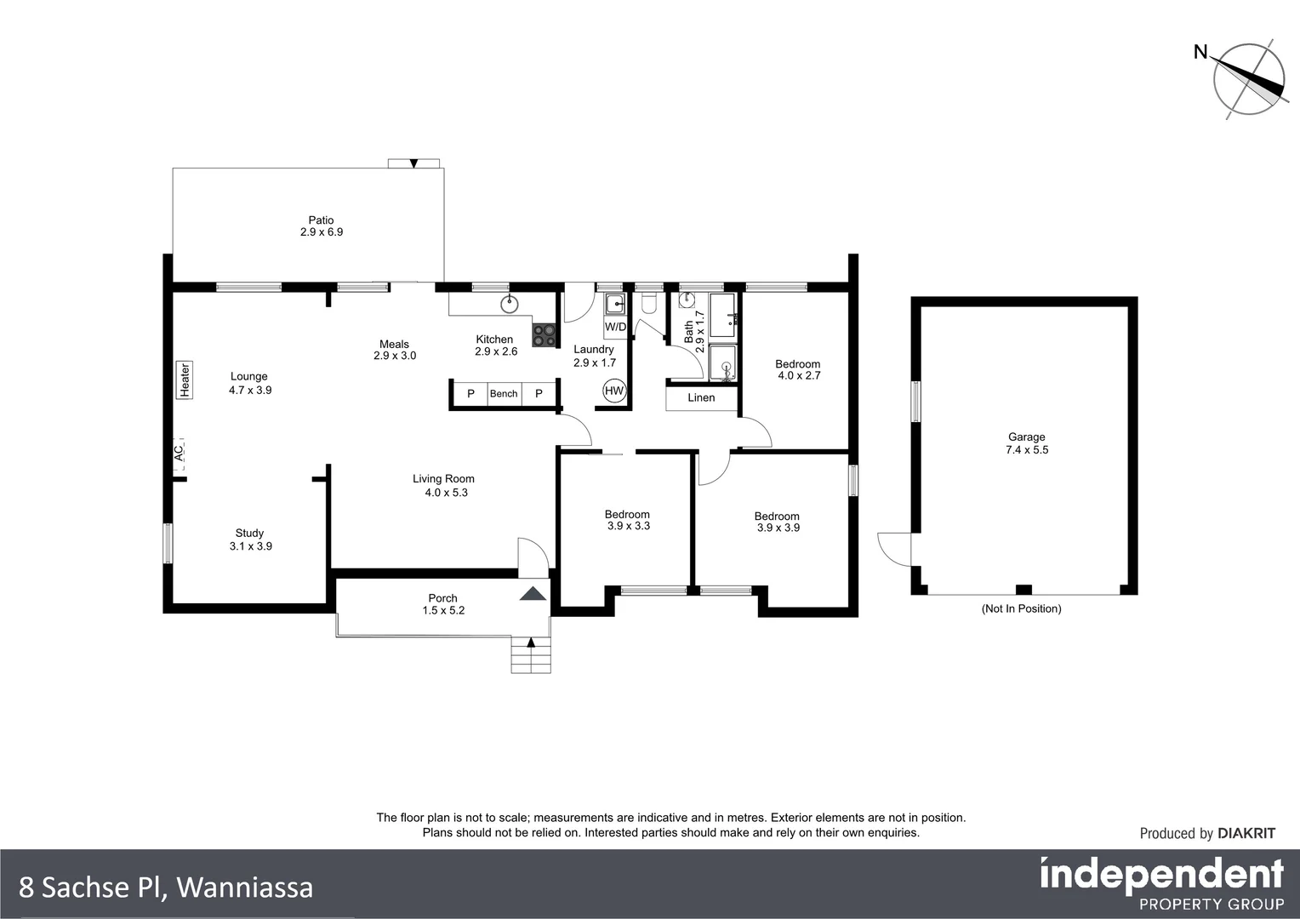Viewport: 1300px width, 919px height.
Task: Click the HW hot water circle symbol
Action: (614, 391)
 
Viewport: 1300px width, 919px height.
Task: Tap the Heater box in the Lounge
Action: (183, 380)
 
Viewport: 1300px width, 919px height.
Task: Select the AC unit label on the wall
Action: (179, 454)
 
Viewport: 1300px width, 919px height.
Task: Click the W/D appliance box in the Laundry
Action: (615, 327)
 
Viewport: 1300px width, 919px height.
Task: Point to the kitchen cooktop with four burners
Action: (544, 335)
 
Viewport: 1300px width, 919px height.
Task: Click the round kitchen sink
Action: (510, 301)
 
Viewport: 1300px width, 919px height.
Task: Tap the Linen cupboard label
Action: (701, 397)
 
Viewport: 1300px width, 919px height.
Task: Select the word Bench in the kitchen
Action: (504, 394)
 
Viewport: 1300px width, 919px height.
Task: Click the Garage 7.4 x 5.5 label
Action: (1026, 443)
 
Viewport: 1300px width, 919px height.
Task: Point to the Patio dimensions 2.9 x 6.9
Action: (322, 231)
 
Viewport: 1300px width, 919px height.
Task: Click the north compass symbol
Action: (1249, 79)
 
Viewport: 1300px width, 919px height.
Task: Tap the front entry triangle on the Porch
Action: (533, 595)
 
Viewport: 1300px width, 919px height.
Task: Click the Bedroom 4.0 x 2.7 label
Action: (797, 370)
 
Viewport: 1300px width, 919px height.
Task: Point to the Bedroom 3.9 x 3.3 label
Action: (627, 520)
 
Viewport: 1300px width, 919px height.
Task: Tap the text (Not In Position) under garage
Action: (1021, 608)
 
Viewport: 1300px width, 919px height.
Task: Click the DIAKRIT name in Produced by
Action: (1246, 834)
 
